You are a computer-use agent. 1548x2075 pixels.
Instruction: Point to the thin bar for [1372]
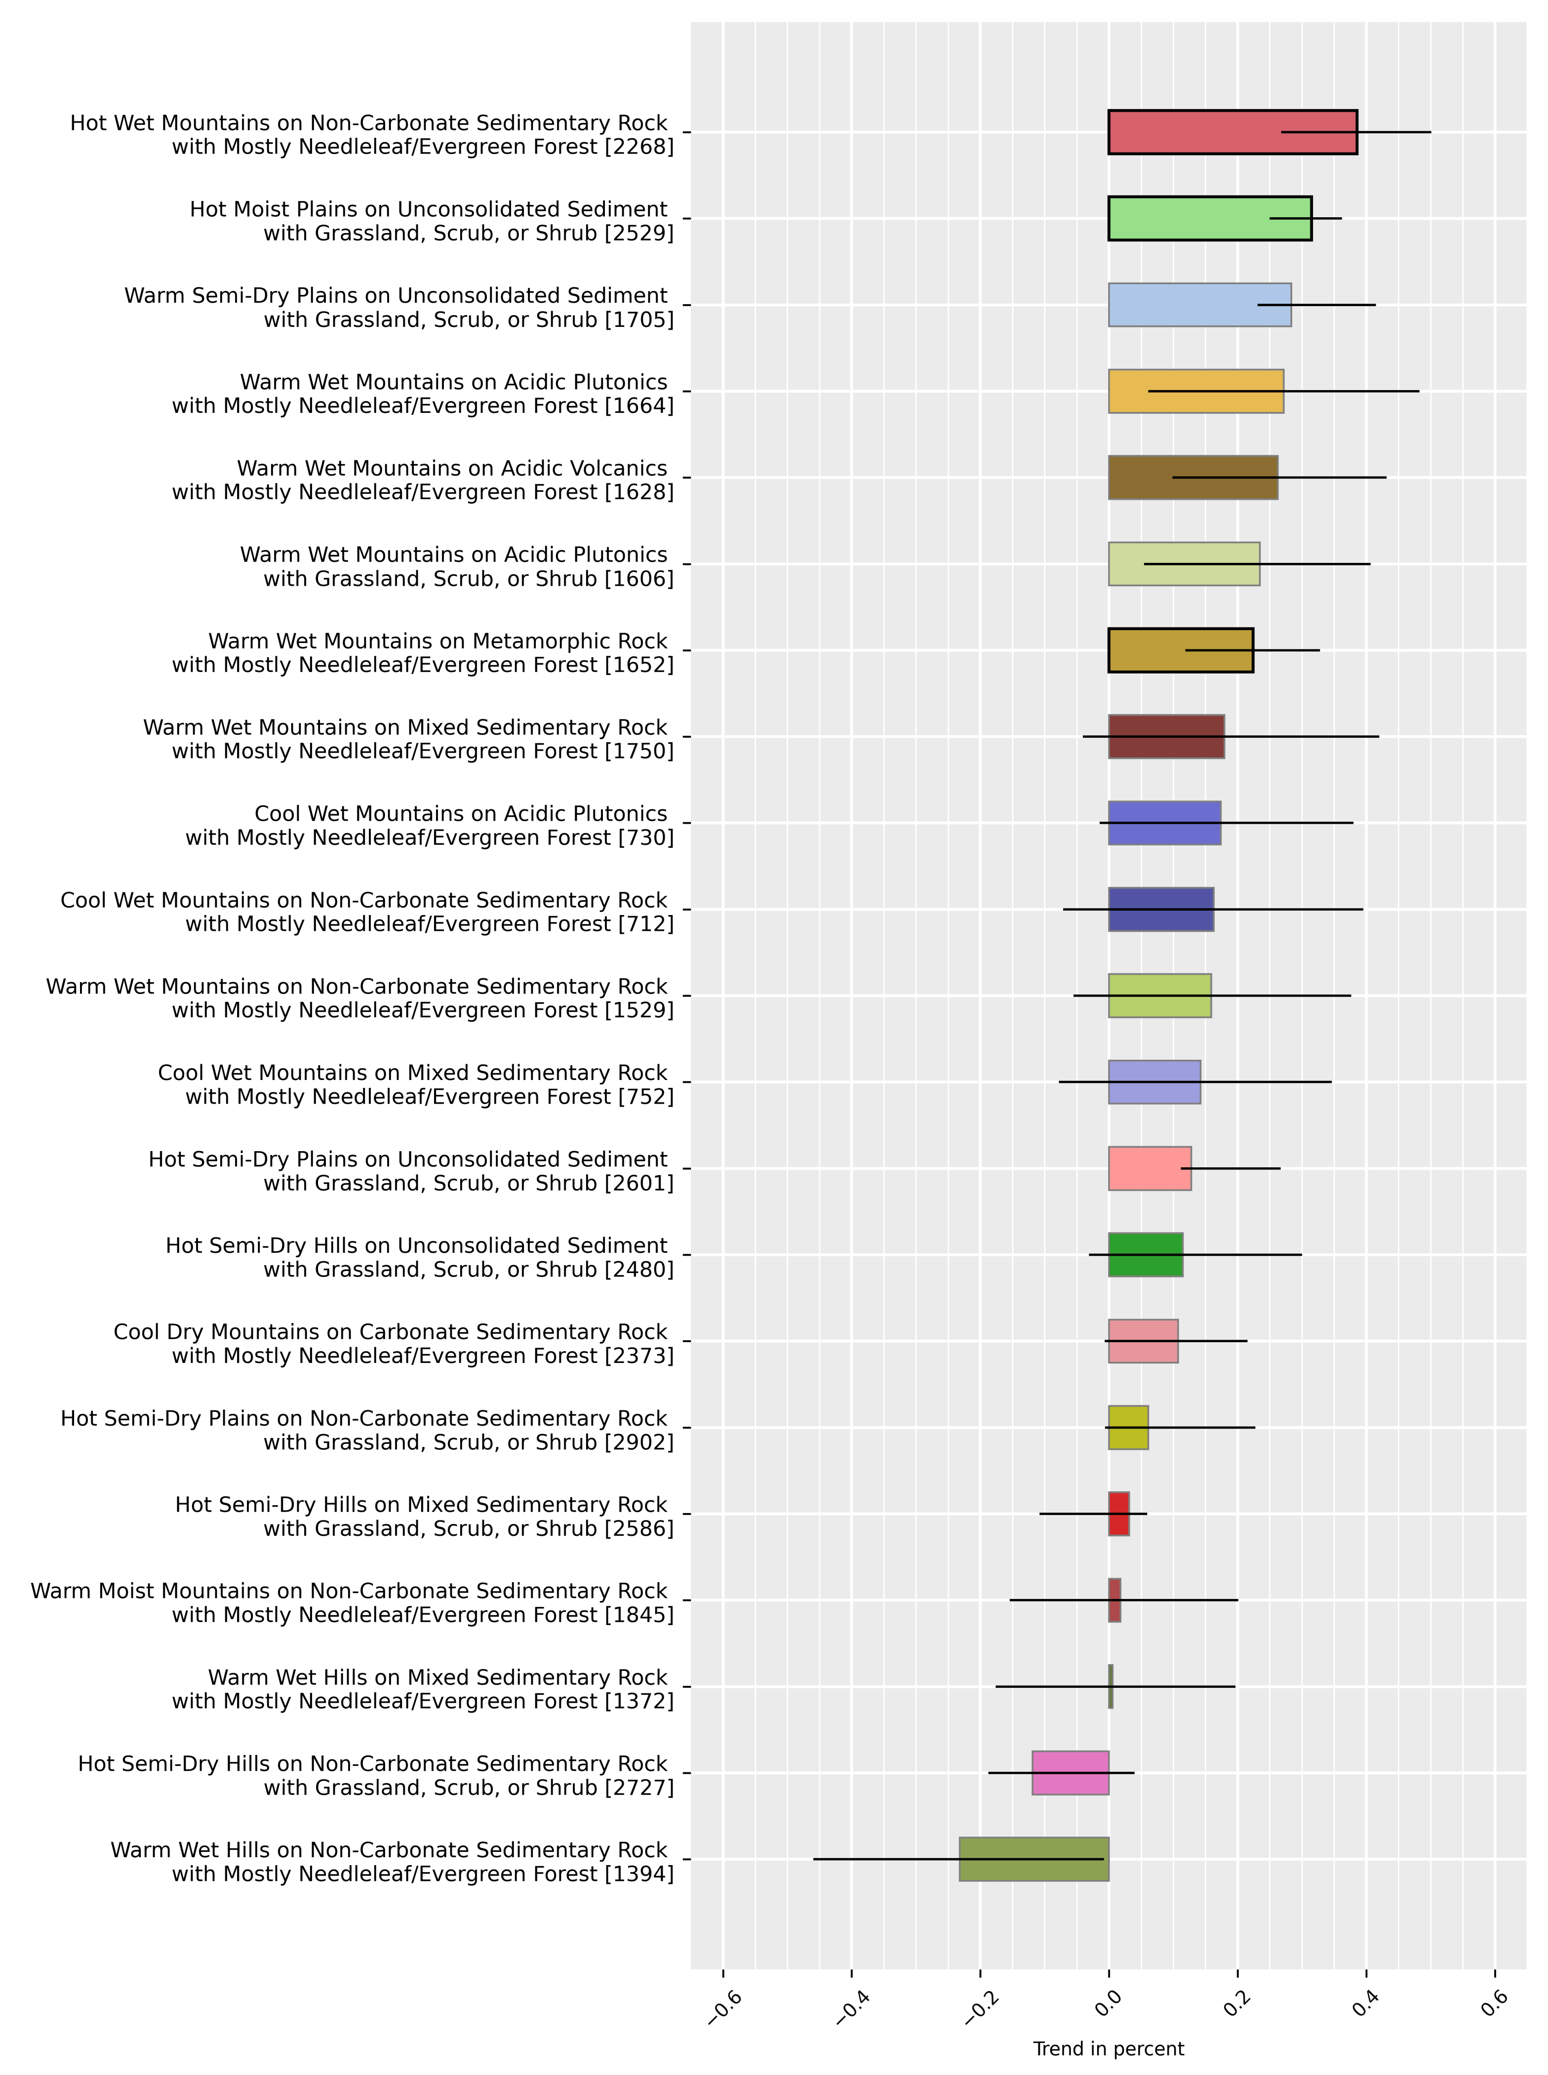[1111, 1686]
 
